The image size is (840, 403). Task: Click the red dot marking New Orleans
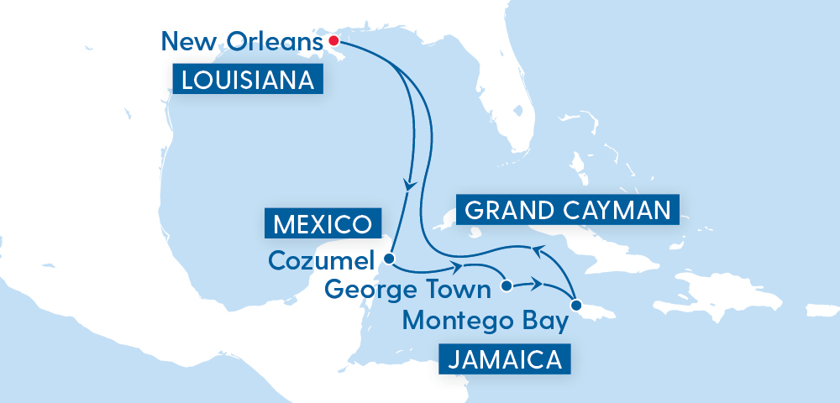click(333, 40)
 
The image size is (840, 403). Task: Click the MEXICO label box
click(323, 224)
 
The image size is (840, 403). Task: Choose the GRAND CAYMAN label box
click(567, 210)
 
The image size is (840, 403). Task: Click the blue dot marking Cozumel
click(389, 258)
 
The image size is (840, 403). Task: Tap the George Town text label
click(407, 290)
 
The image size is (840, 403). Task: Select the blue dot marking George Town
click(506, 286)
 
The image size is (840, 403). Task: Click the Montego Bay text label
click(485, 320)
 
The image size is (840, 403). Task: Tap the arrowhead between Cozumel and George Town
click(459, 268)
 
